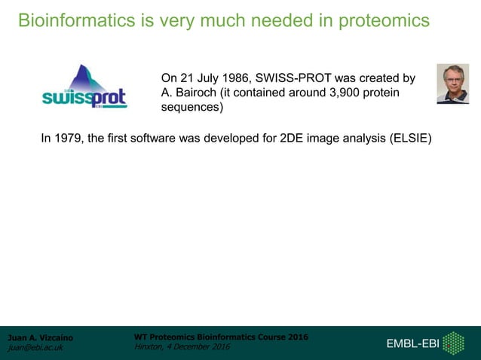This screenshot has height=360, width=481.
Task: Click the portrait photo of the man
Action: pyautogui.click(x=452, y=84)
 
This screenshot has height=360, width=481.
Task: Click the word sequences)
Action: pyautogui.click(x=192, y=107)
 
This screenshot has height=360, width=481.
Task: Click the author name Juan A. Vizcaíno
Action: pyautogui.click(x=40, y=337)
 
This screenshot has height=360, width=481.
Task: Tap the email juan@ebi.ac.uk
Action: pyautogui.click(x=35, y=348)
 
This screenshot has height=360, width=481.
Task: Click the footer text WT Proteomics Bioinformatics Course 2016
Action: pyautogui.click(x=220, y=337)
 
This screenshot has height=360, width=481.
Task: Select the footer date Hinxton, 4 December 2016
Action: pyautogui.click(x=181, y=346)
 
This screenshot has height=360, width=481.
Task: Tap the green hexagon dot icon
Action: pyautogui.click(x=453, y=343)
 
